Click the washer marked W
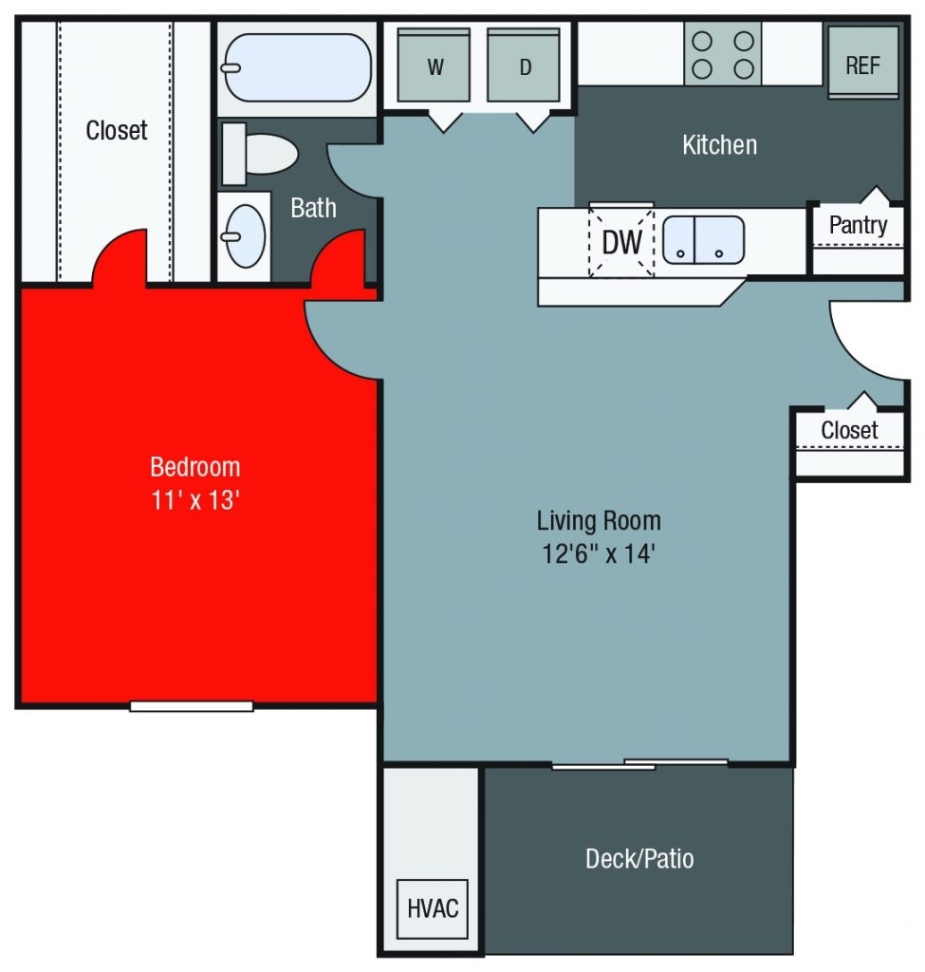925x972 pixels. coord(435,65)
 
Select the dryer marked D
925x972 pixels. coord(525,65)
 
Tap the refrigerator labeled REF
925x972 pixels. coord(862,63)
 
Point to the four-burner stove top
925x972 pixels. coord(723,54)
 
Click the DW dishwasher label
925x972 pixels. coord(622,243)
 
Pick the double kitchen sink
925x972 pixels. coord(703,240)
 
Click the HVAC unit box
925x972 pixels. coord(433,907)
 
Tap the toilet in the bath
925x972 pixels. coord(261,154)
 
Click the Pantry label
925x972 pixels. coord(858,225)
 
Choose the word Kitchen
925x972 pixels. coord(719,145)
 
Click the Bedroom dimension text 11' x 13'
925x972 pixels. coord(194,500)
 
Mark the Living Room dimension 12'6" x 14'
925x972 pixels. coord(599,552)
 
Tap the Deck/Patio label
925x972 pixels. coord(639,859)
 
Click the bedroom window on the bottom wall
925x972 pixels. coord(192,705)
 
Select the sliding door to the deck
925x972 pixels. coord(639,763)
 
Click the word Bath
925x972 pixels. coord(313,208)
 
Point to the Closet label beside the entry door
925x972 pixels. coord(849,430)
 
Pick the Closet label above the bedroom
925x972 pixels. coord(117,130)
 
